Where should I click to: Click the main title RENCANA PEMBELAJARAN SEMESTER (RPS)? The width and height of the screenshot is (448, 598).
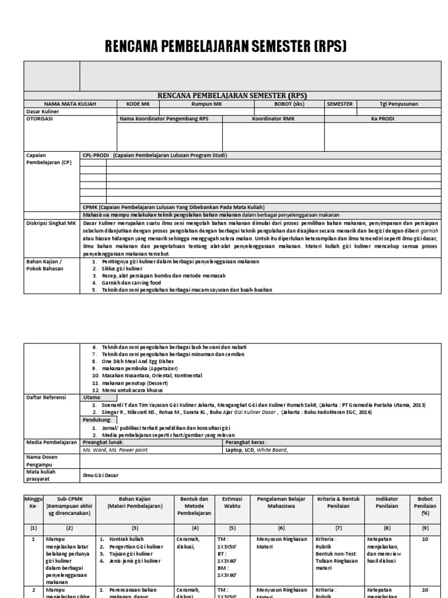coord(225,46)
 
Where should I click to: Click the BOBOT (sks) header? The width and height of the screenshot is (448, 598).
coord(289,103)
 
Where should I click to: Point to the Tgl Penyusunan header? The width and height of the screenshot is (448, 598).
coord(398,103)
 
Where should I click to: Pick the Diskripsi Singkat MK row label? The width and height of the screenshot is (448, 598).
coord(51,223)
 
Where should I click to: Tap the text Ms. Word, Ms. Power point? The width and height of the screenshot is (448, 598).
coord(115,450)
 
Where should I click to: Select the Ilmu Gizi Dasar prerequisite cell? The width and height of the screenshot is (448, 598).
coord(100,475)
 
